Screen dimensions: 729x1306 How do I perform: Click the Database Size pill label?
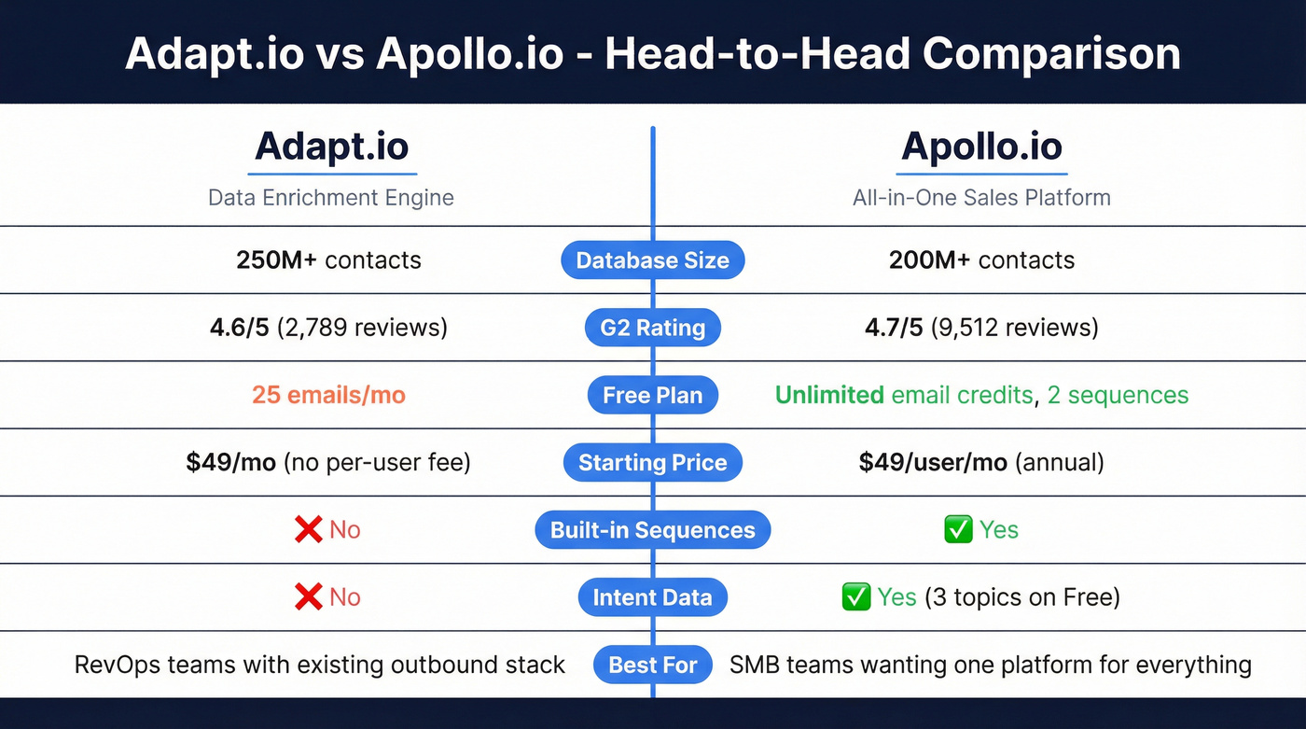point(652,260)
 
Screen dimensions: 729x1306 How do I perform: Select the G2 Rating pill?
point(652,328)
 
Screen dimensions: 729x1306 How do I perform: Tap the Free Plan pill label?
point(652,395)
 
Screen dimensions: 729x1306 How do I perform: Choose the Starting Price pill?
point(652,462)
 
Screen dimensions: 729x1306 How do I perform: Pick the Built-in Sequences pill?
point(652,530)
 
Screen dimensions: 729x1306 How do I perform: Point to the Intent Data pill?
point(652,597)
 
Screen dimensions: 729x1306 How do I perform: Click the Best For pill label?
point(652,665)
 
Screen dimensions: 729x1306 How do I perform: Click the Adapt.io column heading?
point(331,147)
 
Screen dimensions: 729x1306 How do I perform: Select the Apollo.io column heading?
point(981,147)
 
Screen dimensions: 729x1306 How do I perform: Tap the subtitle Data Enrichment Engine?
point(331,197)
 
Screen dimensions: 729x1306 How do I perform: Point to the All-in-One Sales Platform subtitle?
point(981,197)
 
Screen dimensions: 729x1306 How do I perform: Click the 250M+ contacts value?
point(328,259)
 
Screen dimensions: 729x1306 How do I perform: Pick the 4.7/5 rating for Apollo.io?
point(894,328)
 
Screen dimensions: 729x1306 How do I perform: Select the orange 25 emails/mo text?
point(328,395)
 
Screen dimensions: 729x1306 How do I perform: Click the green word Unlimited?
point(829,395)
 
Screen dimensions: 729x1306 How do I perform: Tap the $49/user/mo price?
point(933,462)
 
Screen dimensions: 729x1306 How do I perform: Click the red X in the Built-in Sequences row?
point(308,530)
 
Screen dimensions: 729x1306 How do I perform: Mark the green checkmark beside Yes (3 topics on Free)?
point(855,597)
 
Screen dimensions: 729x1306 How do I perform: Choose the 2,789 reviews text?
point(362,328)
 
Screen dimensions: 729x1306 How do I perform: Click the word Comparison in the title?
point(1051,53)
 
